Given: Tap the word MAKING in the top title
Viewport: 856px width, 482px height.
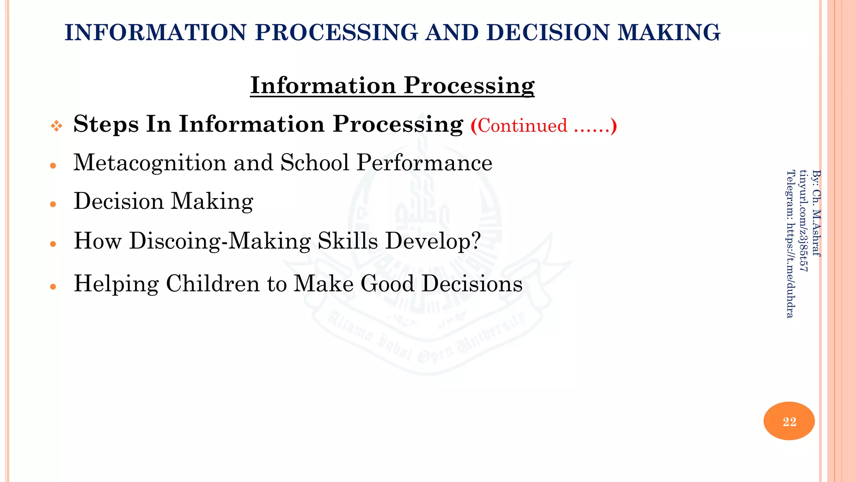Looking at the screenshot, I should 669,33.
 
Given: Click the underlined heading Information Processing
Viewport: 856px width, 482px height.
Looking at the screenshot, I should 392,85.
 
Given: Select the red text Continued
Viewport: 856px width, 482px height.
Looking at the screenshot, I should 522,126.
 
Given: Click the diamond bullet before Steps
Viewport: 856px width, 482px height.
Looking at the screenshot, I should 56,126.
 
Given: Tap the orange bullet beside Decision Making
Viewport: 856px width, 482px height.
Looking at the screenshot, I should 53,205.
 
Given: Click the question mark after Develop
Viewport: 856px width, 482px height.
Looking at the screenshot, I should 476,241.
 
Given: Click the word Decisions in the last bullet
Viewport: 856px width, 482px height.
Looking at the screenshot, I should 472,284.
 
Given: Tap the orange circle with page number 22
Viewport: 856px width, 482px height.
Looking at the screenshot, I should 789,421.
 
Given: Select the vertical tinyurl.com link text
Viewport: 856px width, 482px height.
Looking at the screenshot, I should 803,220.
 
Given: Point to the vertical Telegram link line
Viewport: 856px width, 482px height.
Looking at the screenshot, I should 790,244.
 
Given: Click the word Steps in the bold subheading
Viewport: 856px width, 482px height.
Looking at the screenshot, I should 106,124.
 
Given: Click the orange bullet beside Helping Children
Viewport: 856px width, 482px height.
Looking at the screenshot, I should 53,287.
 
